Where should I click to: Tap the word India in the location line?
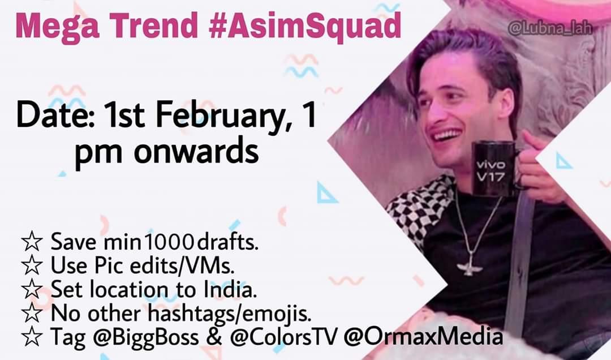click(x=232, y=290)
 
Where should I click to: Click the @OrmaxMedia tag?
click(x=423, y=337)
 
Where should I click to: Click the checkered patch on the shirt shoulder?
click(x=416, y=209)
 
